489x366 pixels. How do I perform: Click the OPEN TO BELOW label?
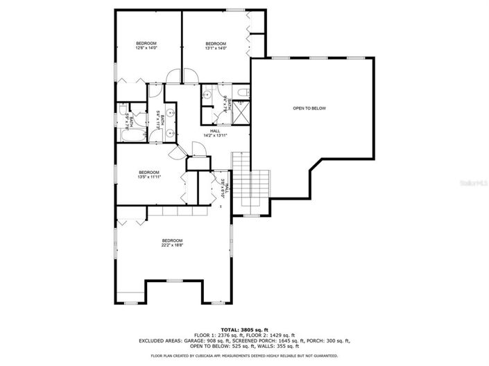pyautogui.click(x=309, y=108)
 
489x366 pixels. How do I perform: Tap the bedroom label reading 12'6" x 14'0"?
pyautogui.click(x=146, y=46)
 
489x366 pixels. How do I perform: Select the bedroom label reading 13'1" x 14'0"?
pyautogui.click(x=216, y=46)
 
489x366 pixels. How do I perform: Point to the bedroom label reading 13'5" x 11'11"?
pyautogui.click(x=148, y=175)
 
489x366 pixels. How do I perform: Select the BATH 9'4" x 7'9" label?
pyautogui.click(x=225, y=104)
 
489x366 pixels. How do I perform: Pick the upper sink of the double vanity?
pyautogui.click(x=171, y=112)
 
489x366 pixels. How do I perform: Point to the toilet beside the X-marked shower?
pyautogui.click(x=240, y=92)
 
